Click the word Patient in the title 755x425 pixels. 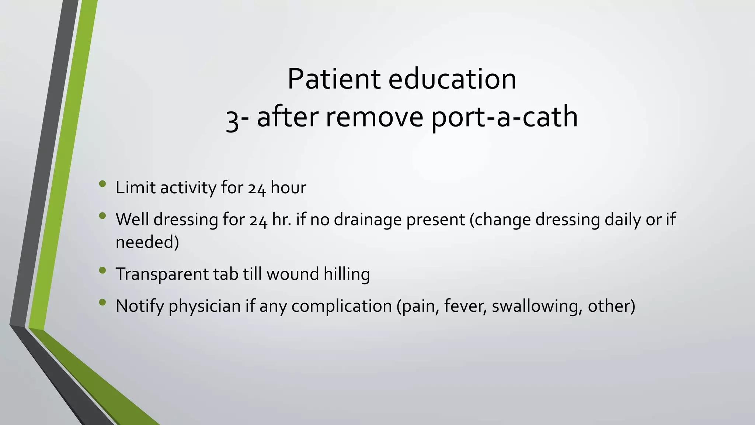334,79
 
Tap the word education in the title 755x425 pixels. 452,79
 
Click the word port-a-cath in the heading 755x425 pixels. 504,117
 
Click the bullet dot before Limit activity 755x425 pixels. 102,184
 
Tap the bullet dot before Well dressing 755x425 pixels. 102,215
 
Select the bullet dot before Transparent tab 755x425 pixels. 102,270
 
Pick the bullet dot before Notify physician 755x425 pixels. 102,303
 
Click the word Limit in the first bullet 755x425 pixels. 135,187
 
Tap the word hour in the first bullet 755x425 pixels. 288,187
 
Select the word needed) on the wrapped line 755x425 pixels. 147,242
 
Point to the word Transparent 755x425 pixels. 162,274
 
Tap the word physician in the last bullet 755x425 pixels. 205,307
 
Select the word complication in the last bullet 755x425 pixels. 341,307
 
